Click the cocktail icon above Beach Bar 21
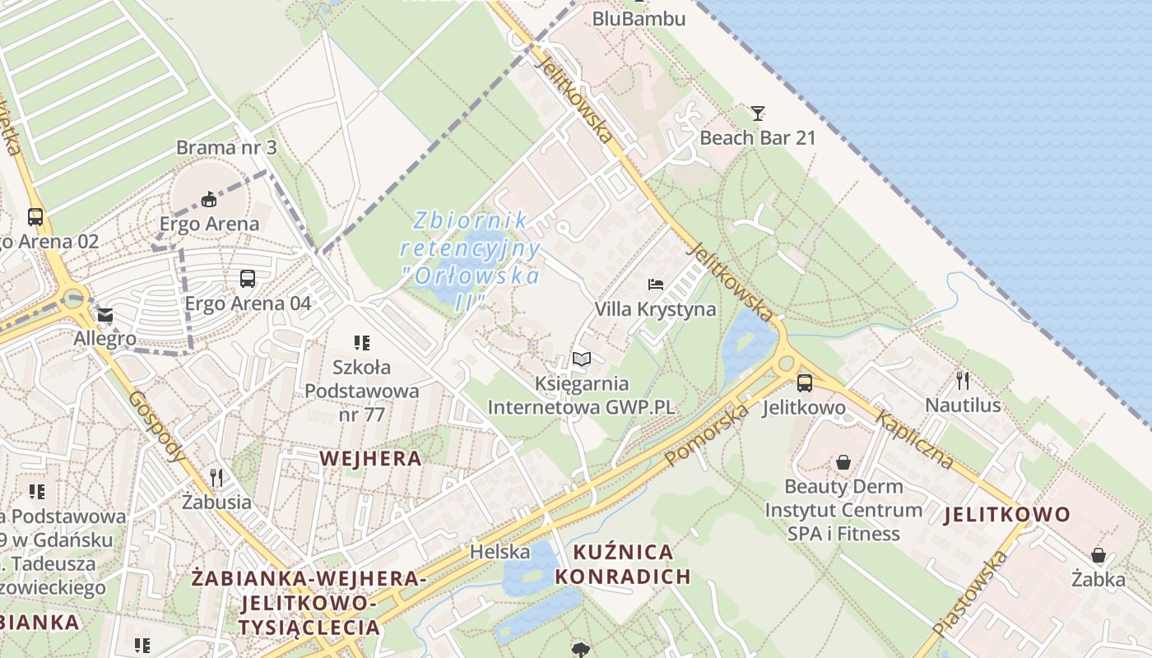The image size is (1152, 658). coord(758,114)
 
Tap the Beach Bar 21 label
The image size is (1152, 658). coord(757,137)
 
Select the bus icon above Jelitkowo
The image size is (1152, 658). coord(804,382)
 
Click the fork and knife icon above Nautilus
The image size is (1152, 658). coord(963,380)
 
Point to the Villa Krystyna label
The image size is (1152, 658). coord(655,309)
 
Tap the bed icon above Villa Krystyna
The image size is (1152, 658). coord(656,285)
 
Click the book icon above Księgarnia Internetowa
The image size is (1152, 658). coord(582,359)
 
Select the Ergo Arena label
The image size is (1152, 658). coord(209,223)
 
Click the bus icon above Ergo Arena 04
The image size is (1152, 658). coord(248,279)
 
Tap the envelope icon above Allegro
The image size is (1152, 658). coord(105,315)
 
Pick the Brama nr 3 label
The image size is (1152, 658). coord(226,148)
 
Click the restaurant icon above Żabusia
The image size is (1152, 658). coord(216,477)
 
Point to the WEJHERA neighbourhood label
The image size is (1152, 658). coord(370,458)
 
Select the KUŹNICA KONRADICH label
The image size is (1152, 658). coord(622,563)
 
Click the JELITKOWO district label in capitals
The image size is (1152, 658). coord(1007,515)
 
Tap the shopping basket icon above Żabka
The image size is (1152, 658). coord(1098,555)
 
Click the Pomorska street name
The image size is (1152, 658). coord(707,433)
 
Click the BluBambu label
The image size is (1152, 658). coord(639,17)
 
